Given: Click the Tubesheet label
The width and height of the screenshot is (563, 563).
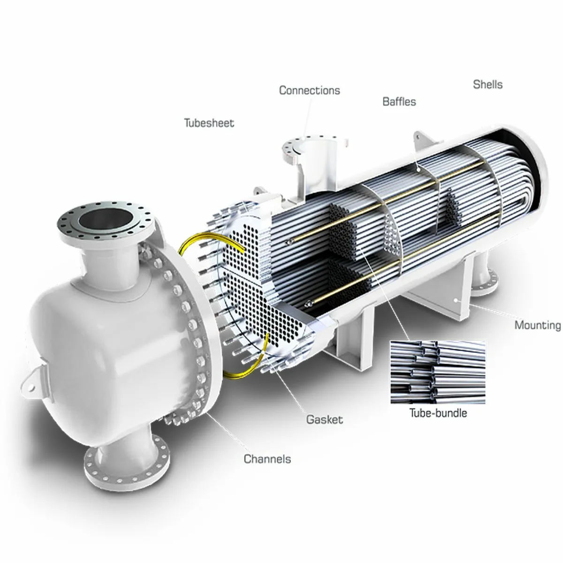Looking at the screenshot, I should [x=208, y=123].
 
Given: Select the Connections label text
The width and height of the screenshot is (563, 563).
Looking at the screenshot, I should [x=309, y=90].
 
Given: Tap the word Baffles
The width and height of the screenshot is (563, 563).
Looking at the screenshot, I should [x=399, y=101].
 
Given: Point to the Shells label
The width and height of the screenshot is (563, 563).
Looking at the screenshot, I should [x=487, y=84].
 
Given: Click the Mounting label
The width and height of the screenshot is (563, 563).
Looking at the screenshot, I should [x=537, y=325].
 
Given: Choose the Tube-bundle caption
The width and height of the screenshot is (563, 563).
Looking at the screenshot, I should [x=438, y=413].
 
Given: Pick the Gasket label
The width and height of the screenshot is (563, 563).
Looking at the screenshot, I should [x=324, y=419].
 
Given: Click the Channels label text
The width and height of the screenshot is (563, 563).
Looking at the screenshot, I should [x=267, y=458].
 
